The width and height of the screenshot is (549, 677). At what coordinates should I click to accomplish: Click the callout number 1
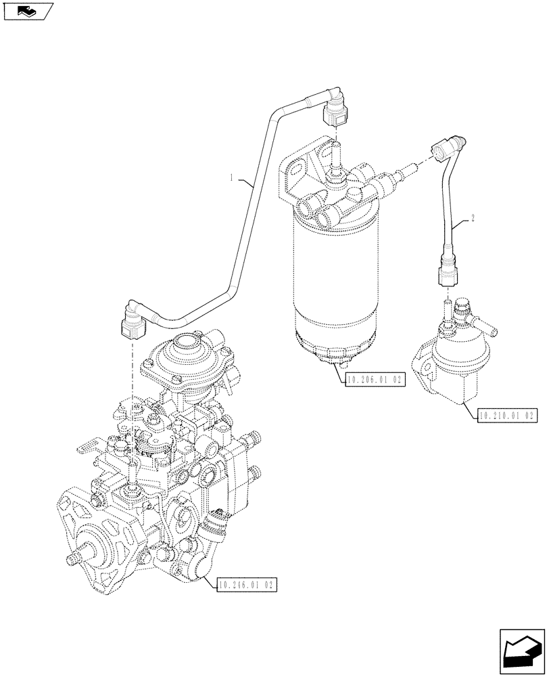tap(231, 178)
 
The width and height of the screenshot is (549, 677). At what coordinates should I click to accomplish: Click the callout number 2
tap(473, 219)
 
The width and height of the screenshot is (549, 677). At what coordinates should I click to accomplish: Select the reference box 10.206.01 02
tap(374, 380)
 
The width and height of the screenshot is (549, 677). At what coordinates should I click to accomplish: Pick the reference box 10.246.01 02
tap(247, 583)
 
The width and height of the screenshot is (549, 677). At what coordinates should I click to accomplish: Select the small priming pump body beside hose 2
tap(446, 366)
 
